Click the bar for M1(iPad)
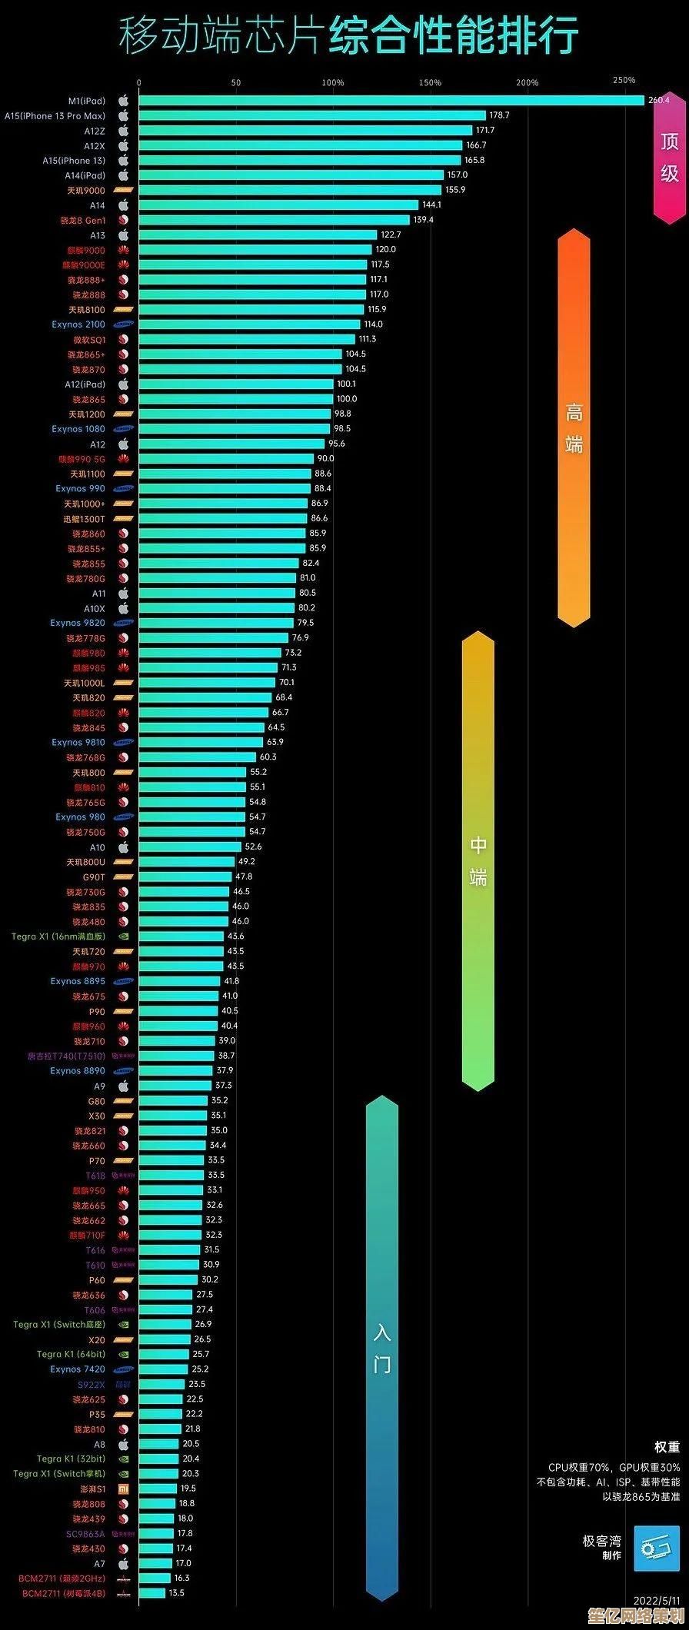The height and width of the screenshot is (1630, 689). coord(391,100)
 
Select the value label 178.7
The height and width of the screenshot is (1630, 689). coord(499,115)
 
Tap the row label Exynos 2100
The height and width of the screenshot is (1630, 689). coord(78,324)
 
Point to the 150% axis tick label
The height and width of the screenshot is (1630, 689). coord(430,82)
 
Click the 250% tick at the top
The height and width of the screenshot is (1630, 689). coord(624,80)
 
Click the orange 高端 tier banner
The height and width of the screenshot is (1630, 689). coord(574,428)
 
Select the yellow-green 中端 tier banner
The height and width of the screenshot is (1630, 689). coord(478,860)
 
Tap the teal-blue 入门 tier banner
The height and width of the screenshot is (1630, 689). coord(381,1337)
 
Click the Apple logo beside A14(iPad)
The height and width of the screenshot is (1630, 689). coord(123,175)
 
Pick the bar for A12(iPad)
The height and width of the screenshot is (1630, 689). coord(236,384)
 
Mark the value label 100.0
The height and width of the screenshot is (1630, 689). coord(346,399)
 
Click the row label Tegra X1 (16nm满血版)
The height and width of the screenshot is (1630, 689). coord(58,936)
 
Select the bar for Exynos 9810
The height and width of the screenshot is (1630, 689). coord(201,742)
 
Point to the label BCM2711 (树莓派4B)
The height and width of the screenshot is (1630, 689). coord(64,1572)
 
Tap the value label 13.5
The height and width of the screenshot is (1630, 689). coord(176,1572)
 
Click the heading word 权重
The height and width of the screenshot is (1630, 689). coord(667,1447)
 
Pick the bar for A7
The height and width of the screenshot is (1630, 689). coord(155,1542)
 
